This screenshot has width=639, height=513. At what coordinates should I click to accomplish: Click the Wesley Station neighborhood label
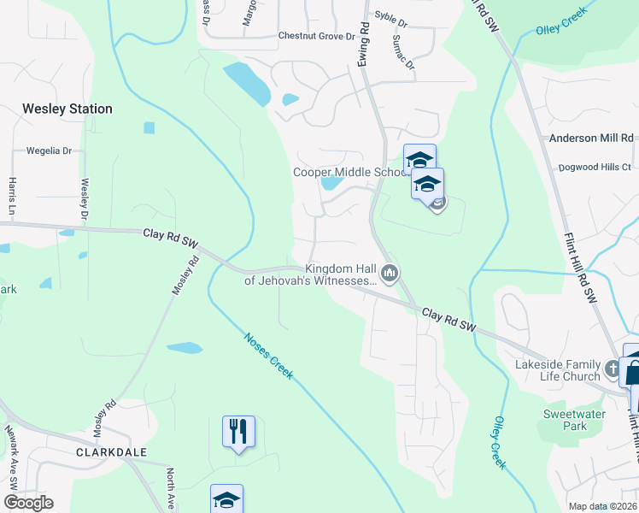click(67, 109)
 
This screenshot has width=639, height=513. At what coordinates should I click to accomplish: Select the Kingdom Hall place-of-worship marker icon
click(390, 274)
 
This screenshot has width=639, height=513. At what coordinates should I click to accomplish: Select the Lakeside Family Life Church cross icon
click(612, 369)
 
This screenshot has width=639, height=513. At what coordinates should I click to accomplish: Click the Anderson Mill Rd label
click(590, 138)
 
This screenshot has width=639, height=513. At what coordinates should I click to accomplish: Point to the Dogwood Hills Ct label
click(595, 168)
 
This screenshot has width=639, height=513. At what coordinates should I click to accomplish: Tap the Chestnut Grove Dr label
click(316, 37)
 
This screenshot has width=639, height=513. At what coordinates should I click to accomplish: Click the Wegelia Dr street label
click(49, 151)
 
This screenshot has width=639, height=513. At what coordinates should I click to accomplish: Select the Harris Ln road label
click(13, 196)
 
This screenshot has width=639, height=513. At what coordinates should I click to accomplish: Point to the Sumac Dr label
click(403, 52)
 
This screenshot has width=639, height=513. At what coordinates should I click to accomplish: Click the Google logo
click(28, 502)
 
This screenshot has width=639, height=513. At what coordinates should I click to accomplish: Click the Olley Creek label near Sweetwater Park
click(499, 443)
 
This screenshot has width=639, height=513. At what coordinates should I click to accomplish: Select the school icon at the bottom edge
click(226, 499)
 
